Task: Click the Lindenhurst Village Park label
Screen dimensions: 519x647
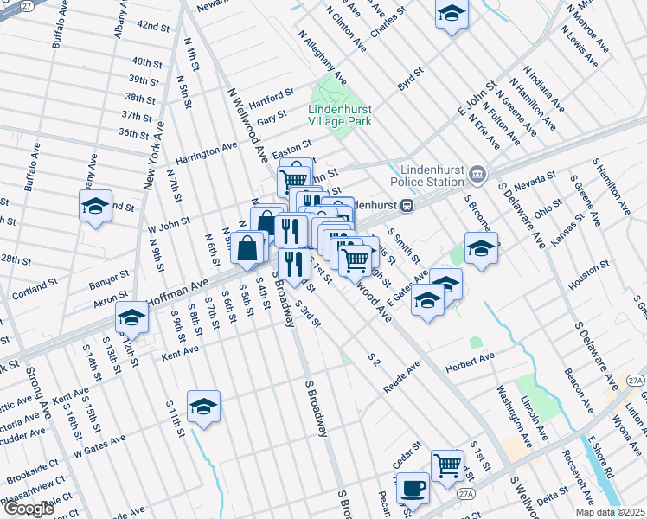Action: pyautogui.click(x=340, y=116)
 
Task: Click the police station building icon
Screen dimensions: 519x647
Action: pyautogui.click(x=477, y=176)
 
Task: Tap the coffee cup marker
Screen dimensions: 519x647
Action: pyautogui.click(x=413, y=490)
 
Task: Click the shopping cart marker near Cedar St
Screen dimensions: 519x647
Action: pyautogui.click(x=447, y=466)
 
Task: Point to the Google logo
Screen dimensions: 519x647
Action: pyautogui.click(x=28, y=509)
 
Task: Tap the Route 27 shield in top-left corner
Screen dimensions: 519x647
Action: pyautogui.click(x=27, y=6)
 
